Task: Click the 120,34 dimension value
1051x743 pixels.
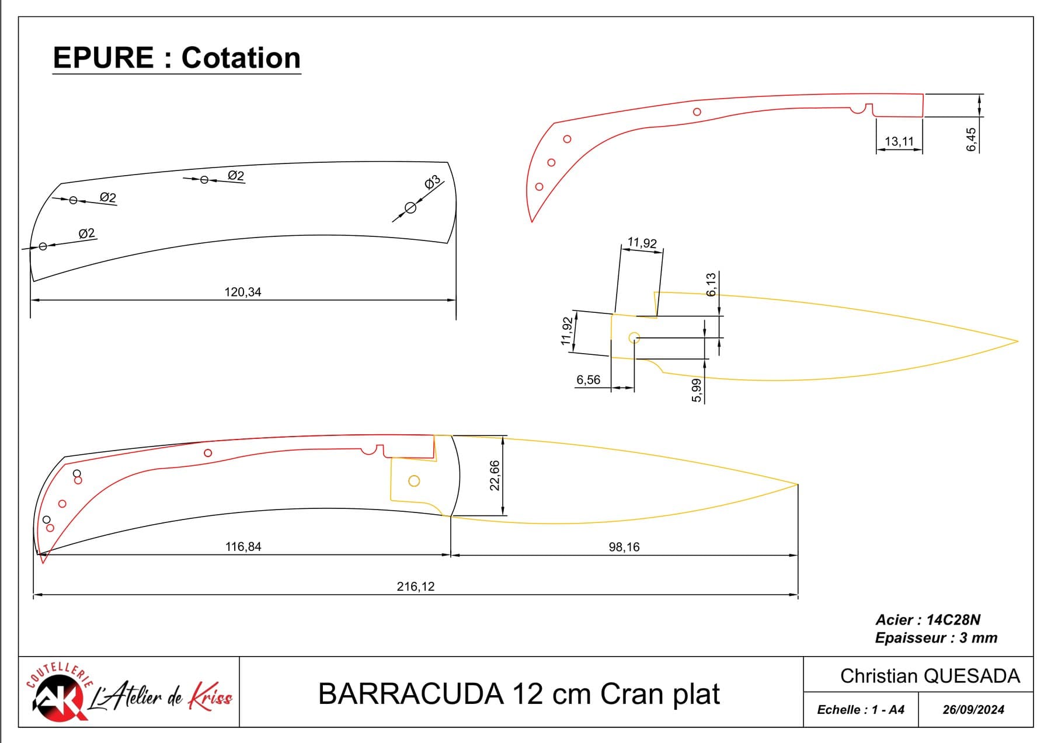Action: point(243,292)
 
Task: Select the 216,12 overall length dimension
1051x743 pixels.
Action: point(416,587)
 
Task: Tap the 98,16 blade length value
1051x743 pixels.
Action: point(624,547)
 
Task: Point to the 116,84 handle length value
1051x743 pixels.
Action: point(243,547)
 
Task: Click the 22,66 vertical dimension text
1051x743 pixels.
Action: point(495,476)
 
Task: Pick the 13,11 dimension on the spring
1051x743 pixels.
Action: point(899,141)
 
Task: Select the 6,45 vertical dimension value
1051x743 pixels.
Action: point(971,140)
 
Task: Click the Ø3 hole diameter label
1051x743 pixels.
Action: point(432,183)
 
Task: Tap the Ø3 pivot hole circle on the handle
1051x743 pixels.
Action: point(410,208)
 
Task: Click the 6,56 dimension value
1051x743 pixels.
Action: point(588,380)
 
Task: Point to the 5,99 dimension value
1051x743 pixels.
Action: point(696,390)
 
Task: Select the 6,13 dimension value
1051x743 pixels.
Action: point(711,285)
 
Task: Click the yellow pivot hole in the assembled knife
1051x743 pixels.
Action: point(414,481)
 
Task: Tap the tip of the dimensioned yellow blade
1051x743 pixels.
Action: point(1018,341)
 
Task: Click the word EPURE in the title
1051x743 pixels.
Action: point(103,58)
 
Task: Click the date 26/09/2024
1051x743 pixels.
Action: point(973,710)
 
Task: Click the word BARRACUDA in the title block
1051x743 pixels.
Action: point(411,694)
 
